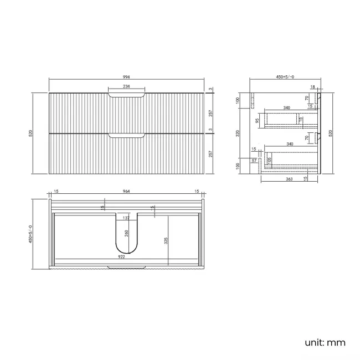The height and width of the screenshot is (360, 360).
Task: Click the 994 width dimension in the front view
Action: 127,77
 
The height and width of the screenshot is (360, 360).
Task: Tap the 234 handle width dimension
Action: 127,87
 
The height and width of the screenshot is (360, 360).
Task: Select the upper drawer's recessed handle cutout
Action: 127,96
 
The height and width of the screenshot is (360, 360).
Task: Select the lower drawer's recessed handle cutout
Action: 127,135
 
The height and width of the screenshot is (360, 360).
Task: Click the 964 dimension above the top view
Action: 126,191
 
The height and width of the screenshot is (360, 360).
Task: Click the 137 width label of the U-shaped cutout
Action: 126,218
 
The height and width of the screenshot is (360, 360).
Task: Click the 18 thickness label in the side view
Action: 313,87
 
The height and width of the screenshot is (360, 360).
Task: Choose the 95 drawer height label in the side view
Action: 258,120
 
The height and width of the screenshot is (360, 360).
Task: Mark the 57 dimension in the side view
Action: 254,161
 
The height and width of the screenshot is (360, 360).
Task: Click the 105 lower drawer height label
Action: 270,161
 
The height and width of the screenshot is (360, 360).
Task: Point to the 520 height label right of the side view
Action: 331,133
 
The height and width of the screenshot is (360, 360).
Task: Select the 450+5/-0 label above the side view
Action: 277,77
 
